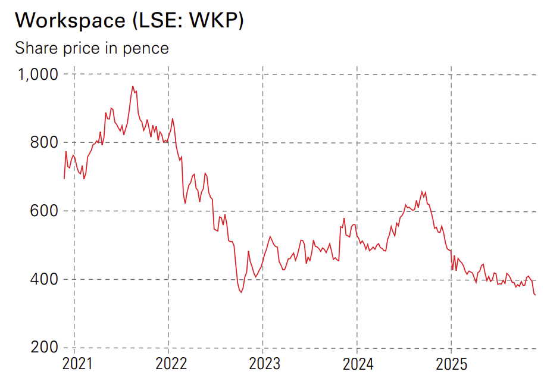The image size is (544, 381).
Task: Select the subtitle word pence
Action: click(x=146, y=48)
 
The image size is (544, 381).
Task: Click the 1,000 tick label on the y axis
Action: click(x=36, y=74)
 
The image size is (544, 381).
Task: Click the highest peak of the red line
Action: click(x=133, y=86)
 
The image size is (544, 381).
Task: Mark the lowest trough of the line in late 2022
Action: click(x=241, y=292)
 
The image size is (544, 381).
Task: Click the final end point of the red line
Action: click(x=536, y=295)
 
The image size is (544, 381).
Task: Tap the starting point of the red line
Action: click(x=64, y=178)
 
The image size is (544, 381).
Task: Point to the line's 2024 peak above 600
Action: click(x=422, y=191)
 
